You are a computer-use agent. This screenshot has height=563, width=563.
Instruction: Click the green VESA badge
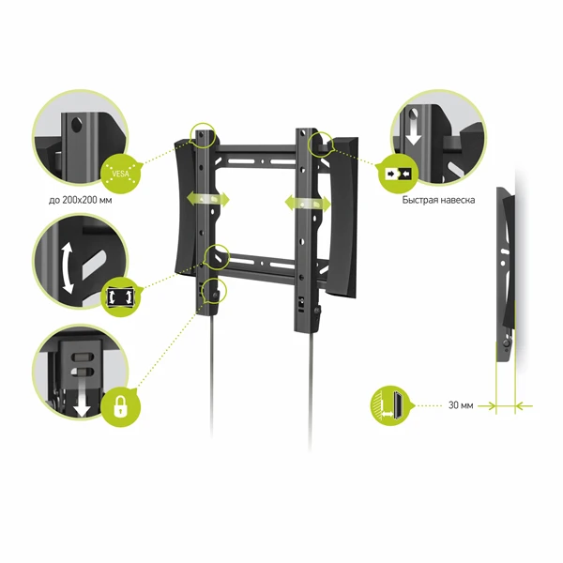coord(121,174)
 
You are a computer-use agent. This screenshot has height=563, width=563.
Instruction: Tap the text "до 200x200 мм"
coord(80,200)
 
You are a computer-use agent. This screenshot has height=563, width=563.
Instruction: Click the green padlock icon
coord(121,407)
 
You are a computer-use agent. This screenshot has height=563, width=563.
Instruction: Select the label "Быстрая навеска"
coord(438,200)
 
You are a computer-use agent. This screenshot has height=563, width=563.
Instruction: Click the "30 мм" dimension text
coord(461,405)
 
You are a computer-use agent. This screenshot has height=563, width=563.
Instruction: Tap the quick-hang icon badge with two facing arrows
coord(399,175)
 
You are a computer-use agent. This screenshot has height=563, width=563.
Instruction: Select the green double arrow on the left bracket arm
coord(207,199)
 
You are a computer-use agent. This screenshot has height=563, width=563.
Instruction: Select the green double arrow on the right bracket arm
coord(308,204)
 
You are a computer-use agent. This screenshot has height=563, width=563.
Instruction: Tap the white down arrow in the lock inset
coord(82,399)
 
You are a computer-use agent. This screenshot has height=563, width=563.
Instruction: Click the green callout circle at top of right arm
coord(321,144)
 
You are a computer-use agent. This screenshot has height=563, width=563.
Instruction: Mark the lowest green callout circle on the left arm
coord(214,291)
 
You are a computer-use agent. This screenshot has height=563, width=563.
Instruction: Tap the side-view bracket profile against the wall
coord(506,274)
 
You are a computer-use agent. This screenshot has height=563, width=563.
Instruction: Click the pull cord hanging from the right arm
coord(311,389)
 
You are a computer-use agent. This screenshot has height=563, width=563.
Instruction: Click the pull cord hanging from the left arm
coord(212,375)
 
